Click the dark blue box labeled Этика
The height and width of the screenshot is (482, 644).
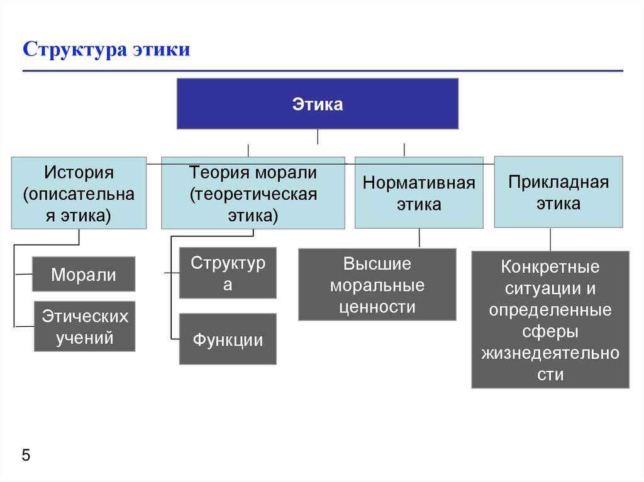(x=317, y=104)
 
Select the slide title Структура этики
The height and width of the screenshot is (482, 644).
(x=106, y=50)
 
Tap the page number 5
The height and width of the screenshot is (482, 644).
(x=26, y=456)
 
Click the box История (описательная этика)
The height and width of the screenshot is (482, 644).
(x=79, y=193)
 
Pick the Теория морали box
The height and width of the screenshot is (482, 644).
(x=253, y=193)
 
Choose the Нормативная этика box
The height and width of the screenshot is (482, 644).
(x=419, y=193)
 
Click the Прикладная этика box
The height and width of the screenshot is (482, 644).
(x=558, y=192)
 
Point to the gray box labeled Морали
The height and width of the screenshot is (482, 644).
(x=84, y=274)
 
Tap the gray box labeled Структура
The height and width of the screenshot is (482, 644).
(x=228, y=273)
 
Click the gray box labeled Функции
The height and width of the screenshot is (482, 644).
(x=228, y=339)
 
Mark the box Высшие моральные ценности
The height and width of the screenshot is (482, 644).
(x=377, y=285)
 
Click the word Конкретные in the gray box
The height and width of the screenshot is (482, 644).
(x=550, y=266)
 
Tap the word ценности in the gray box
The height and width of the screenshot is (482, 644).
(x=377, y=307)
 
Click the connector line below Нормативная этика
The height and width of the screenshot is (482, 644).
(x=419, y=238)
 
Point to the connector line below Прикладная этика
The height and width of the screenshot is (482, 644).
(x=551, y=239)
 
